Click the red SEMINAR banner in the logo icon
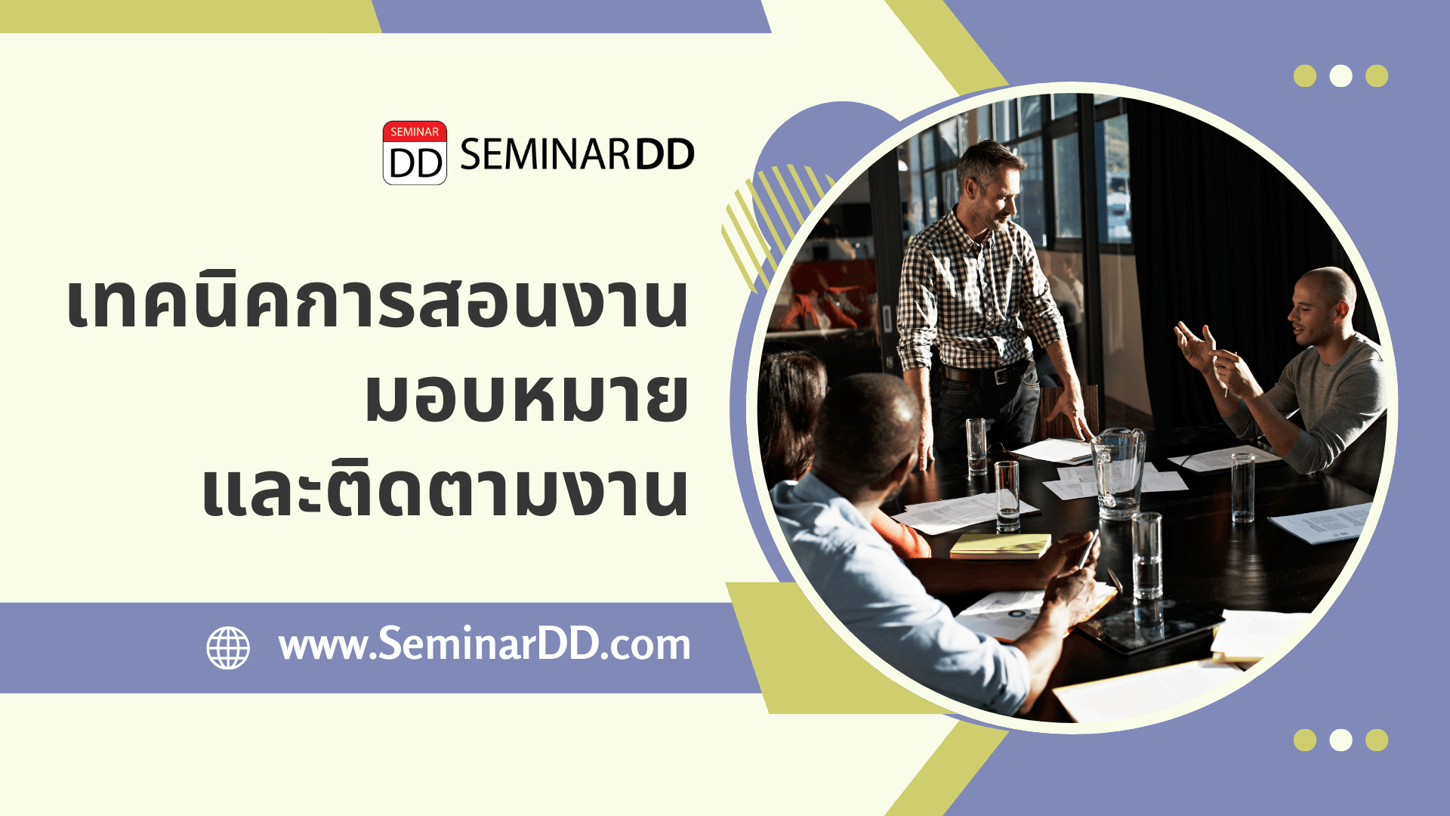click(x=415, y=131)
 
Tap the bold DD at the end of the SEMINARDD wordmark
click(x=664, y=155)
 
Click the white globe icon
click(x=228, y=648)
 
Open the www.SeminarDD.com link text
click(x=484, y=644)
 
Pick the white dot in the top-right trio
click(x=1340, y=76)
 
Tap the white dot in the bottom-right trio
click(x=1340, y=740)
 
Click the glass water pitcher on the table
click(x=1118, y=472)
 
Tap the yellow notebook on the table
click(x=1000, y=546)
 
